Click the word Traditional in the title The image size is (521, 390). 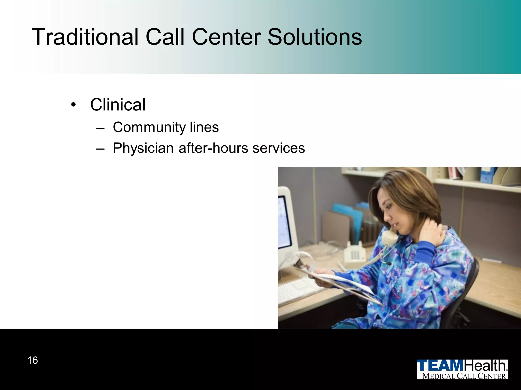coord(85,37)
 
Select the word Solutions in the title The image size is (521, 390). coord(315,37)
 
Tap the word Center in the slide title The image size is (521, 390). coord(226,37)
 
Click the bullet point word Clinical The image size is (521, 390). coord(118,105)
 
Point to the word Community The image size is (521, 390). coord(149,127)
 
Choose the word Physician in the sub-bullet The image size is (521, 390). coord(143,148)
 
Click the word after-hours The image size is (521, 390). coord(213,148)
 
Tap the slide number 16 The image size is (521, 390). coord(33,360)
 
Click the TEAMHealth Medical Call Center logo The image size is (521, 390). coord(462,369)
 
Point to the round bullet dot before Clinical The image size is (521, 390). coord(74,105)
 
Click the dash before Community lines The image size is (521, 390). coord(100,128)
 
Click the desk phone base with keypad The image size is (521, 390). coord(355,254)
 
